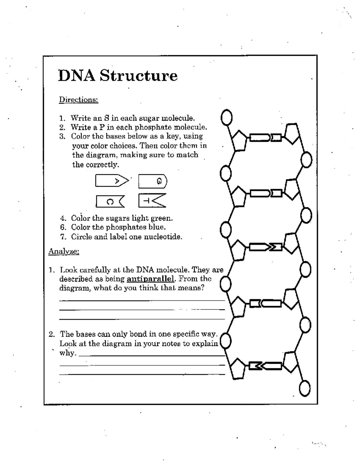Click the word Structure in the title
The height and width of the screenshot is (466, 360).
point(139,75)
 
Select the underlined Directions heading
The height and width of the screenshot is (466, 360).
point(78,100)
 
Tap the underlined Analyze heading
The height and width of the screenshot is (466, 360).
point(64,251)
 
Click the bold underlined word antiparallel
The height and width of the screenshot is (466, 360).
point(150,279)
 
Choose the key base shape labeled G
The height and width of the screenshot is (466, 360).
point(152,181)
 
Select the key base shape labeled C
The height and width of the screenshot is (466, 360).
point(109,201)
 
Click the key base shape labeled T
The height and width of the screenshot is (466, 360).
point(152,201)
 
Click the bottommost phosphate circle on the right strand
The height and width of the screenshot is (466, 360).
point(305,389)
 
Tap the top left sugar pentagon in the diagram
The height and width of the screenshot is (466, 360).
point(239,140)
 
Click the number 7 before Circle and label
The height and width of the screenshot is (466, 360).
point(63,237)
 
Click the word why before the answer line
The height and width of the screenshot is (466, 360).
point(67,353)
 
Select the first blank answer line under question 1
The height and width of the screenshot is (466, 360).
point(142,300)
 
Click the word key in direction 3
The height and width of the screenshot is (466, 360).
point(173,136)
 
